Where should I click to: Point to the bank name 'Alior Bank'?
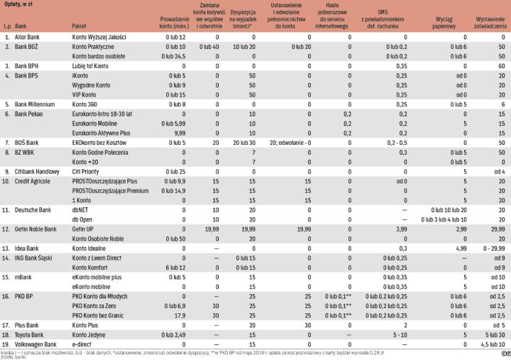pos(29,36)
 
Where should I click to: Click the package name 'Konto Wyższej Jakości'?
pos(99,36)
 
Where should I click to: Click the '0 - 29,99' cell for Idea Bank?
pos(493,249)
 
